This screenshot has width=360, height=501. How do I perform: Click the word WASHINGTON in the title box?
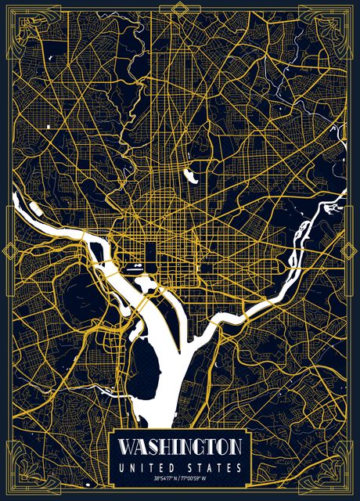point(180,448)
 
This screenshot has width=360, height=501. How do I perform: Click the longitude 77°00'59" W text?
point(196,479)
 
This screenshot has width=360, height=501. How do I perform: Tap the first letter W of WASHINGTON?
point(125,448)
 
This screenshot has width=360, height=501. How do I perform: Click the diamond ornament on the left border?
point(10,250)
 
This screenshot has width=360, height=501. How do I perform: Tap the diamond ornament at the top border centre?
point(180,7)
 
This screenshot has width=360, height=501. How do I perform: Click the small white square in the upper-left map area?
point(48,126)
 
